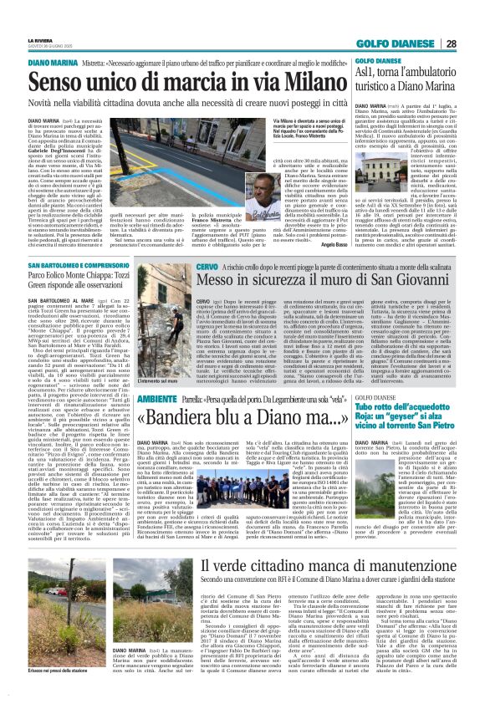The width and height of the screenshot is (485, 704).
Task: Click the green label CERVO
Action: click(x=147, y=265)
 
